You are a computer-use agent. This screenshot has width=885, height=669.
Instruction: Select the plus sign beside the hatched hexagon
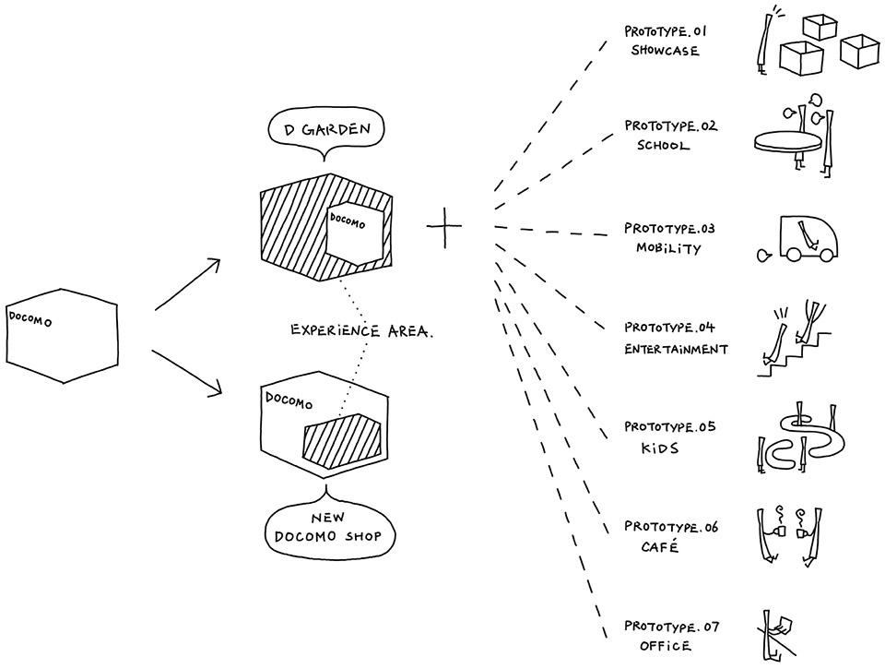click(x=443, y=225)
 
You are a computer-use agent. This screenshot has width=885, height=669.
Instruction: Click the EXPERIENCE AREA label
click(x=361, y=329)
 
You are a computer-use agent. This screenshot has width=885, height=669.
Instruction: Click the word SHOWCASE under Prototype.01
click(x=665, y=51)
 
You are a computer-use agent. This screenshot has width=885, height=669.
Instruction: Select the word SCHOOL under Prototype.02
click(x=663, y=146)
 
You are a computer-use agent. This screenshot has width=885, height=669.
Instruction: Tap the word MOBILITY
click(x=668, y=248)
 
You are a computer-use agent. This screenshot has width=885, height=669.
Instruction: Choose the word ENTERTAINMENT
click(x=675, y=349)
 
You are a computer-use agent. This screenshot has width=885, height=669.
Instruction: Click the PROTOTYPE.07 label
click(x=670, y=627)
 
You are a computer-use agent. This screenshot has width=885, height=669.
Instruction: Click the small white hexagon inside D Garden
click(x=354, y=232)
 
